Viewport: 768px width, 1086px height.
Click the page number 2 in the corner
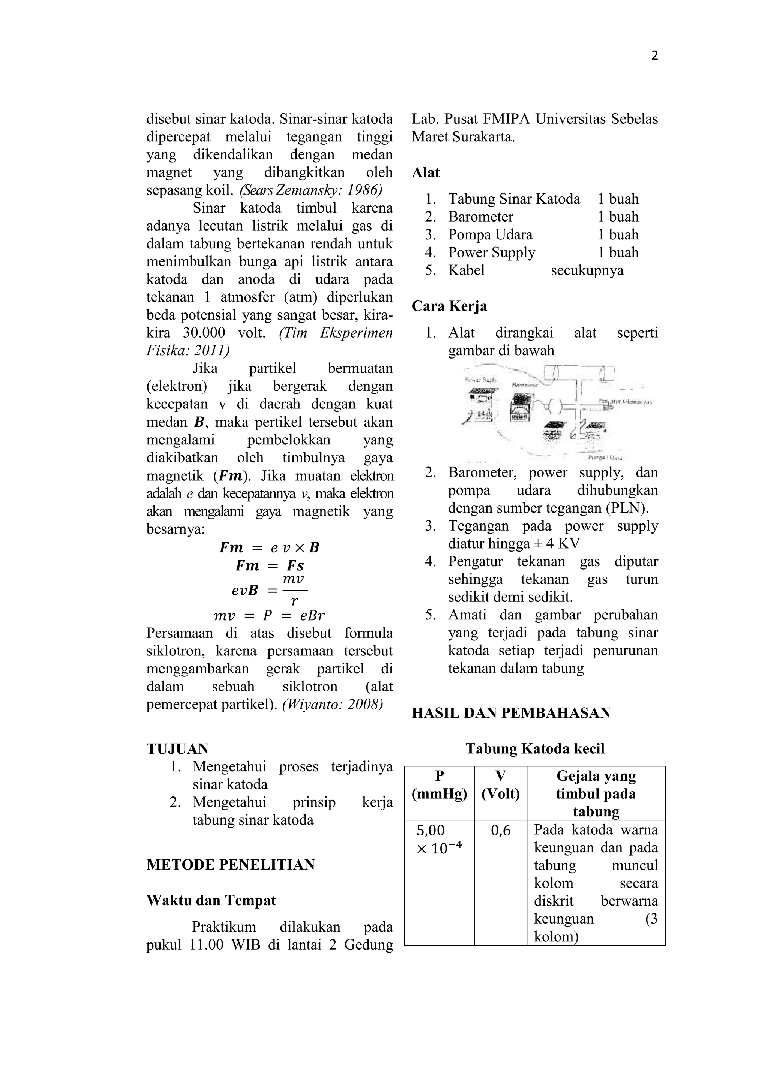[654, 56]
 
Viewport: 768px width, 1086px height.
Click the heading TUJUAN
[177, 749]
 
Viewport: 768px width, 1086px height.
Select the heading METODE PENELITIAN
[230, 865]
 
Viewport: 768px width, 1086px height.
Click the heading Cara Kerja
[449, 306]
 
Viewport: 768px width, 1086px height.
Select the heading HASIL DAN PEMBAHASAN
[511, 713]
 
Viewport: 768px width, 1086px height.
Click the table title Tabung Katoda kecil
[535, 749]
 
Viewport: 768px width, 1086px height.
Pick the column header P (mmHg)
[439, 785]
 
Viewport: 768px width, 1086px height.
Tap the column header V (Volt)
[500, 785]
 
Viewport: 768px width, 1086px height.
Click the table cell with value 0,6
[500, 830]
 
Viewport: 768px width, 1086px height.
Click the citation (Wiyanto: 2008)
[333, 704]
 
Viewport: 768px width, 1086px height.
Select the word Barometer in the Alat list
[480, 217]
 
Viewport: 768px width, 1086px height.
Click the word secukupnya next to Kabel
[587, 270]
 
